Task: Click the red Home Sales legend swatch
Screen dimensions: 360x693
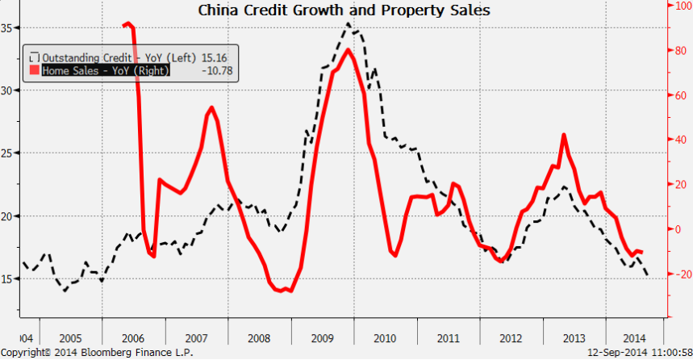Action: coord(34,70)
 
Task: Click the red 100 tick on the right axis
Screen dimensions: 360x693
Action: coord(679,6)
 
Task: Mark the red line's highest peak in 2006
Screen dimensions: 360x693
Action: coord(127,24)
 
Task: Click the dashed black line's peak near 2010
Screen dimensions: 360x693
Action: coord(348,23)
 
